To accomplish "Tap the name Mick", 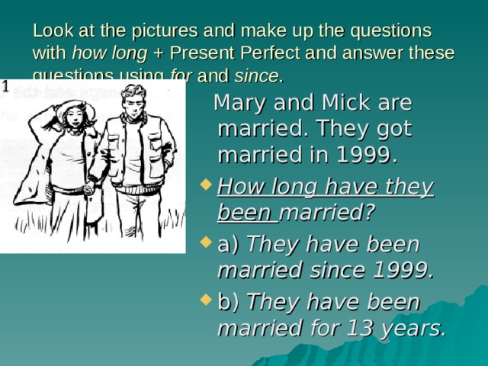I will coord(361,102).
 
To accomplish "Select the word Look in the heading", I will coord(50,31).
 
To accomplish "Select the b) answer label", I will coord(228,303).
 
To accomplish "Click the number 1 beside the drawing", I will coord(5,86).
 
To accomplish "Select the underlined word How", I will coord(242,186).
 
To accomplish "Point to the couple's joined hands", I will coord(91,183).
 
